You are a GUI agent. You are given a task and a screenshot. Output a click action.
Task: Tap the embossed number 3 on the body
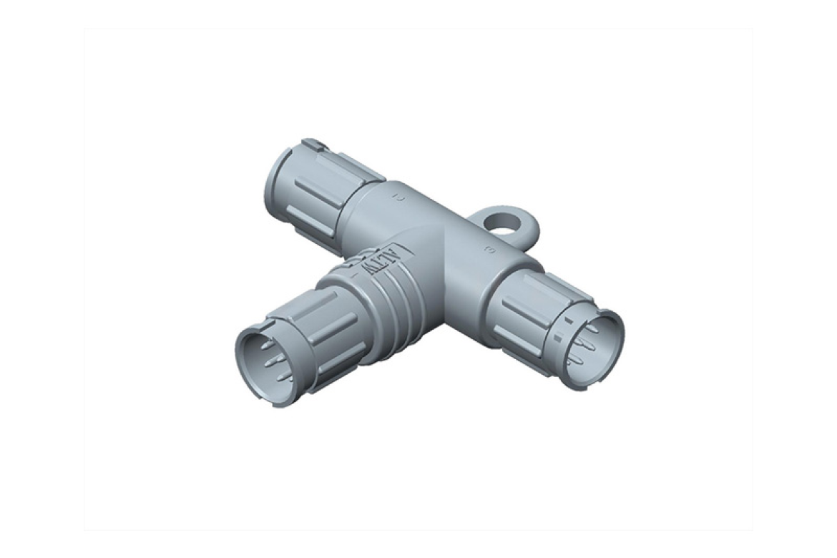488,250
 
